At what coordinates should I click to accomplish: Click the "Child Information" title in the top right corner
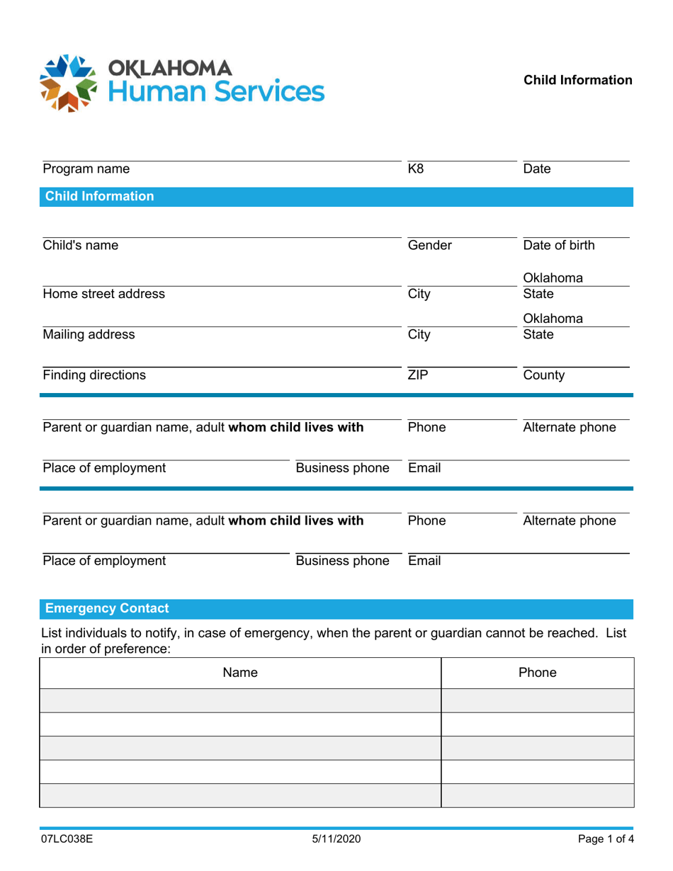coord(578,80)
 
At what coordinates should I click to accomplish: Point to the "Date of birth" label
coord(558,246)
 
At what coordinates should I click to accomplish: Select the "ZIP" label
coord(419,375)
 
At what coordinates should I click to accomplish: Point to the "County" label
coord(543,375)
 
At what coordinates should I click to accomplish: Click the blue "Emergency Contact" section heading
coord(107,608)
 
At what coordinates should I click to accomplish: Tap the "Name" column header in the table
coord(240,673)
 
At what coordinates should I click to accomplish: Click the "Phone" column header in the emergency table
coord(538,673)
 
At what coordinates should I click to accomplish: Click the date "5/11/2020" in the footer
coord(336,840)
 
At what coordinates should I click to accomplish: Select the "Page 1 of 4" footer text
coord(604,840)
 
